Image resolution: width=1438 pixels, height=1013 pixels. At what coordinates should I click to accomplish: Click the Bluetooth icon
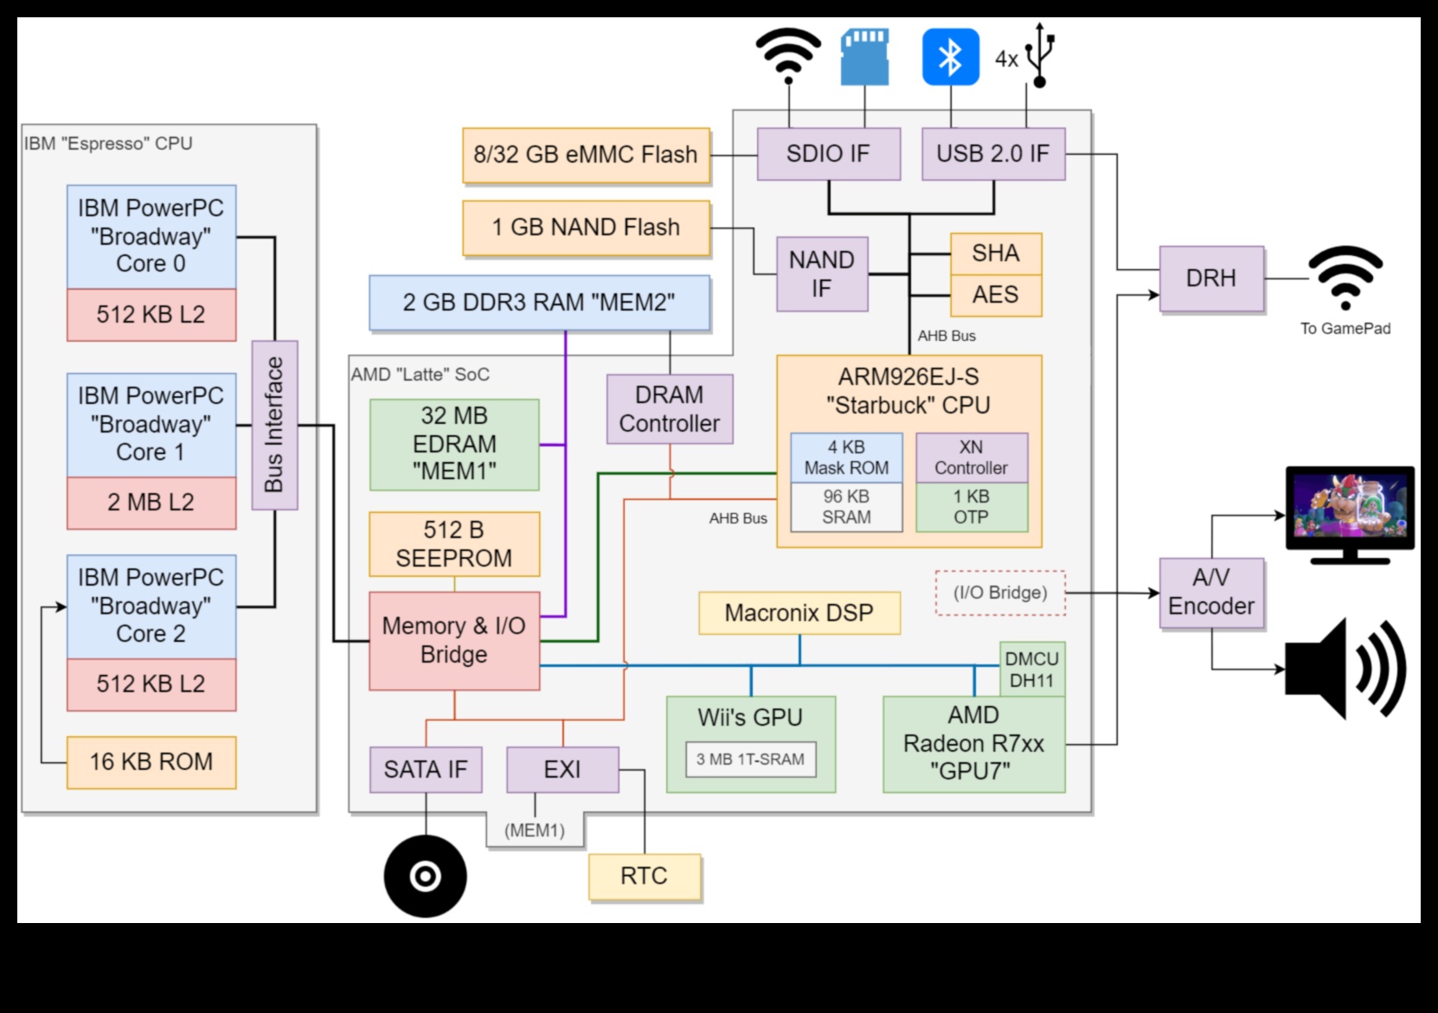(x=950, y=57)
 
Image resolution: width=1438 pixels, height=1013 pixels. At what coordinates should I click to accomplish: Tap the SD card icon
(x=864, y=57)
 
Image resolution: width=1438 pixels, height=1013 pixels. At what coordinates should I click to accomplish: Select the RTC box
(x=645, y=876)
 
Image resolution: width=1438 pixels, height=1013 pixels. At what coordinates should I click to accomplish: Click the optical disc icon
(x=425, y=876)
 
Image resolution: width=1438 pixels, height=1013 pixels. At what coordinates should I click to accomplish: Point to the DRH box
(x=1211, y=279)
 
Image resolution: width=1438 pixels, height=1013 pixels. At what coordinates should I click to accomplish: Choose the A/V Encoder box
(x=1211, y=593)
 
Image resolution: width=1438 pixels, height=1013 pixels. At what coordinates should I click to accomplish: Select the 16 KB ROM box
(x=151, y=762)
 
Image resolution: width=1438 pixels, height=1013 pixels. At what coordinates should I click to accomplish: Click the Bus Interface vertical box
(x=274, y=425)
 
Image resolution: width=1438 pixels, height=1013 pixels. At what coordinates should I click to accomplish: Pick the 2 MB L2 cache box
(x=151, y=503)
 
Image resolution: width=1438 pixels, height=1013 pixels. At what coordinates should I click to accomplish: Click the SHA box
(x=996, y=253)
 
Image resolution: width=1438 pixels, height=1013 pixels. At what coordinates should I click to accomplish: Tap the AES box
(x=996, y=295)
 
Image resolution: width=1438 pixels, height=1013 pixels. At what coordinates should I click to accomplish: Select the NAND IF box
(x=822, y=273)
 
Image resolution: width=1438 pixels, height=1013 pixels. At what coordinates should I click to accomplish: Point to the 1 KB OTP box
(x=972, y=507)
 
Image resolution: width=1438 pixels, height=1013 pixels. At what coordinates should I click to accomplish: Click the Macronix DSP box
(x=799, y=613)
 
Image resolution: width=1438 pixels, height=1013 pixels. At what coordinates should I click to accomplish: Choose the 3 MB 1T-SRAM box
(x=750, y=760)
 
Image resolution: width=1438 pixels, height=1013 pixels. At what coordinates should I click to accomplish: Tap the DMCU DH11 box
(x=1032, y=670)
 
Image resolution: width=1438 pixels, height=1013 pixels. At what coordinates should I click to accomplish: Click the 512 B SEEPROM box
(x=454, y=544)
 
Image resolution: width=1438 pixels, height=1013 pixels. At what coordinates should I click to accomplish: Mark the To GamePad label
(x=1345, y=329)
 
